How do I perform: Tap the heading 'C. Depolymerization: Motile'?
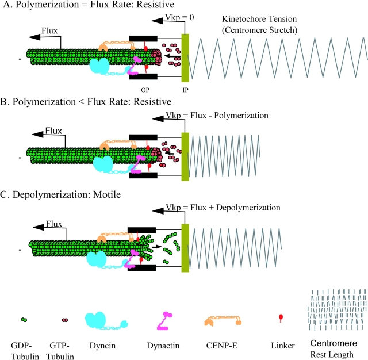[x=63, y=195]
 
